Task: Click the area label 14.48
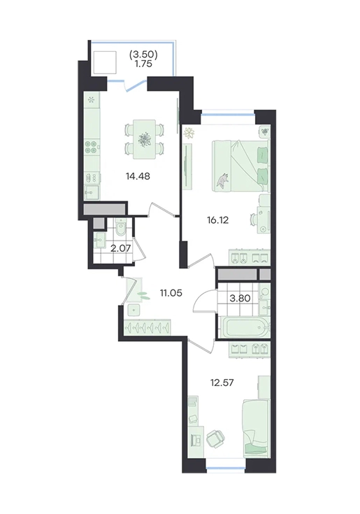point(138,176)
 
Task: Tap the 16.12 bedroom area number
point(218,220)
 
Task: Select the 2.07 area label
point(120,248)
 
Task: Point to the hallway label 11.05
point(171,293)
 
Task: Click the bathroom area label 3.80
point(240,299)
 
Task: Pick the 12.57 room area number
point(222,383)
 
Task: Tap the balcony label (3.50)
point(144,55)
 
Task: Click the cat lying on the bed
point(223,180)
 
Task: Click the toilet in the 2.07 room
point(120,229)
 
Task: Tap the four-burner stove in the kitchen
point(92,147)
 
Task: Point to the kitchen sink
point(92,192)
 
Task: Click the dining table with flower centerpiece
point(143,140)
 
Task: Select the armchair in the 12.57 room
point(216,438)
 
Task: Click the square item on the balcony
point(105,62)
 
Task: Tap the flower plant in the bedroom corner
point(189,133)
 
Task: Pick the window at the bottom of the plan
point(226,470)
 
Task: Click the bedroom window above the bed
point(228,115)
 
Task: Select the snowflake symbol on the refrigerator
point(92,99)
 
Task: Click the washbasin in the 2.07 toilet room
point(99,241)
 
